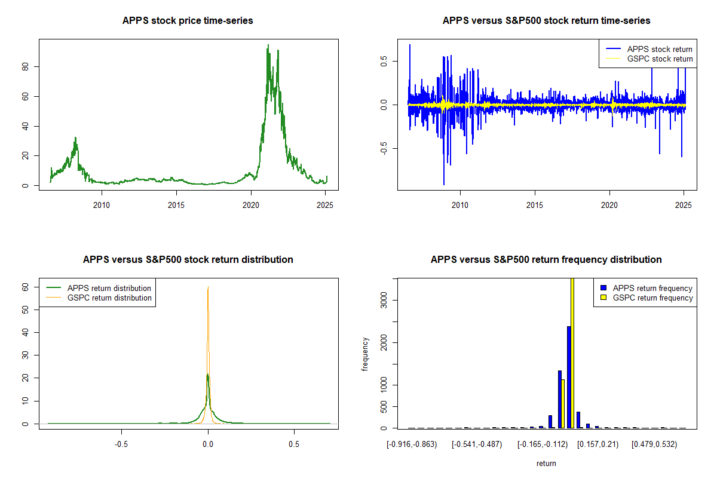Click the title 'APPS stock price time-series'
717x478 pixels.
pyautogui.click(x=188, y=21)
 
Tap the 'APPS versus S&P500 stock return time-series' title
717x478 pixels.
pyautogui.click(x=546, y=21)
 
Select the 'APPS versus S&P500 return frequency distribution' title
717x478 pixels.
pyautogui.click(x=546, y=260)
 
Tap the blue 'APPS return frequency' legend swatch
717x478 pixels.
pyautogui.click(x=603, y=288)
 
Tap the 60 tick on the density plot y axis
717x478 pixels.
pyautogui.click(x=26, y=287)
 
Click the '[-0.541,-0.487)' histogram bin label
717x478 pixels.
pyautogui.click(x=476, y=444)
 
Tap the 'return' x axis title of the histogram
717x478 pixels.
pyautogui.click(x=546, y=463)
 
